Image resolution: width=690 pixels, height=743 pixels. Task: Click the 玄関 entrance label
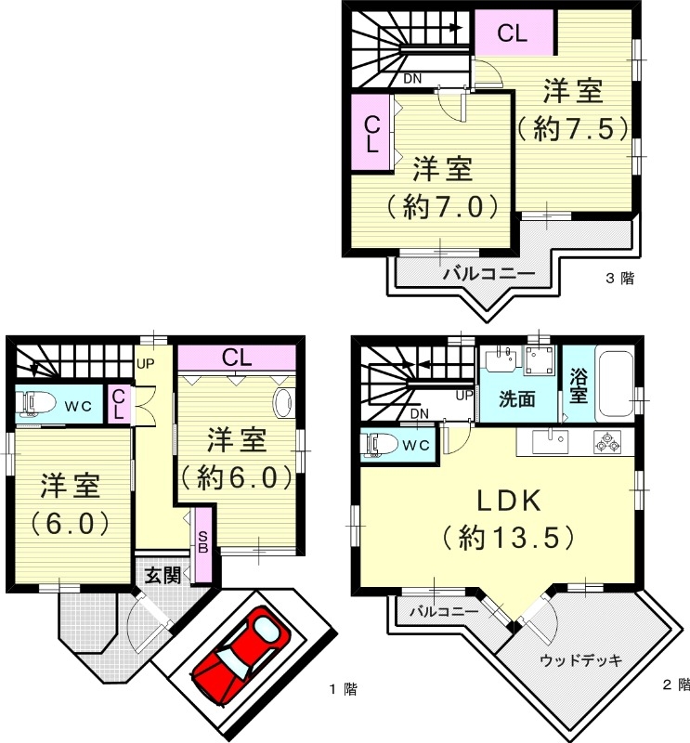[163, 575]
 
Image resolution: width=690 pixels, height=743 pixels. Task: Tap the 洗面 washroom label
[516, 400]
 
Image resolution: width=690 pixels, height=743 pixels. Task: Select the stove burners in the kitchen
[607, 444]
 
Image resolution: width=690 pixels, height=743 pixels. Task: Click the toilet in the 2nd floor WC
[380, 444]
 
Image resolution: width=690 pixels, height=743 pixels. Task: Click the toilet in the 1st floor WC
[34, 404]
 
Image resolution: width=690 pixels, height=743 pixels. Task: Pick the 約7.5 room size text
[567, 129]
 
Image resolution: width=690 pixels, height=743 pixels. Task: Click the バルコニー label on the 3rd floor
[488, 274]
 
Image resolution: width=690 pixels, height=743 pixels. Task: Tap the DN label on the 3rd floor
[412, 79]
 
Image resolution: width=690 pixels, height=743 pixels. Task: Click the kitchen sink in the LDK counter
[553, 438]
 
